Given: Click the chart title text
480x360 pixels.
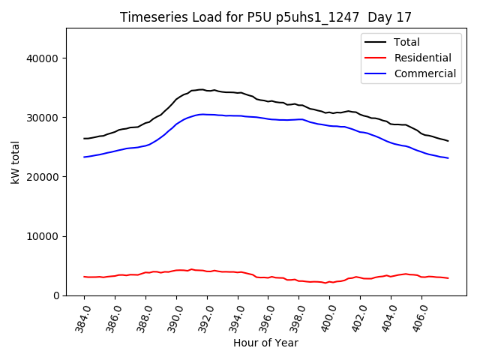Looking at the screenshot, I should pos(265,17).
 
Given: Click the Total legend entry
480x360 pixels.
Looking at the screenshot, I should pos(407,43).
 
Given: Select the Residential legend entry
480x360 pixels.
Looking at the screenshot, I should pos(423,58).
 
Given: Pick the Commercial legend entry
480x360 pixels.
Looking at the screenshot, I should pos(425,73).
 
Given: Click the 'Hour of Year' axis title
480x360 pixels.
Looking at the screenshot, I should pos(265,343).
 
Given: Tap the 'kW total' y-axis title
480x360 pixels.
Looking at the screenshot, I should pos(16,162).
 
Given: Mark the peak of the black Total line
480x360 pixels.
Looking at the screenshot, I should pos(200,89).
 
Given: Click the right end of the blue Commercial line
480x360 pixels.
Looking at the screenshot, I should pos(448,158).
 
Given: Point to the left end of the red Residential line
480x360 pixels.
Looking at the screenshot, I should pos(84,277).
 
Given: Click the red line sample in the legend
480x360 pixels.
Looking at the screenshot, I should pos(378,58).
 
